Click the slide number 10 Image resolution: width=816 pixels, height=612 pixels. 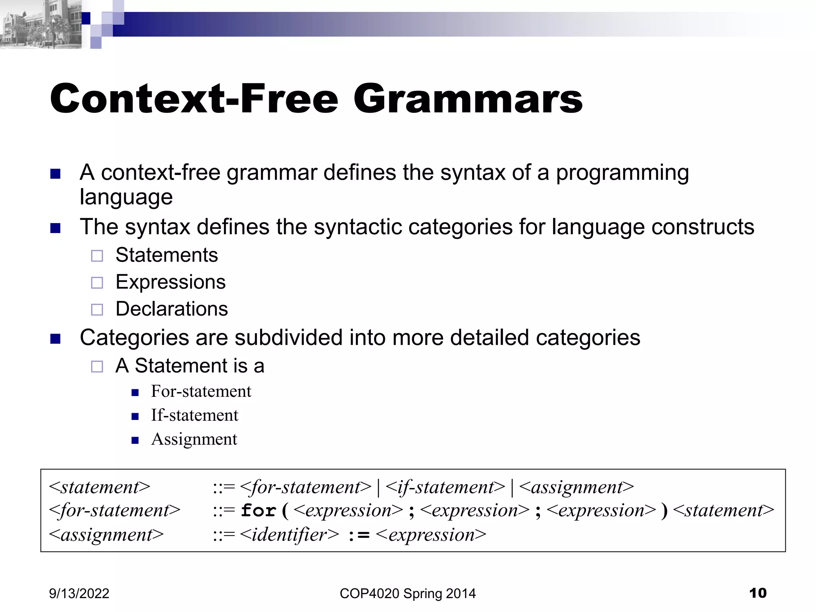(x=757, y=593)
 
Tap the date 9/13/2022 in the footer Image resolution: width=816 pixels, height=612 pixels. (x=79, y=593)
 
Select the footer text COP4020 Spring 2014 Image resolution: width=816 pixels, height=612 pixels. (x=408, y=593)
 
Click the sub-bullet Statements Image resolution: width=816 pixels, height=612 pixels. (x=167, y=255)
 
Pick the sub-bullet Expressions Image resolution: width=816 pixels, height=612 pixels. (x=171, y=282)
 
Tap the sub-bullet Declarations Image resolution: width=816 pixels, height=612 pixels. (x=172, y=309)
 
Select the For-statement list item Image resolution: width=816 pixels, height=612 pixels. (x=201, y=391)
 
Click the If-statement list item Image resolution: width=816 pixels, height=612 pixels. (x=194, y=415)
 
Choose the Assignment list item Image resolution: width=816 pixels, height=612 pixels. (x=194, y=439)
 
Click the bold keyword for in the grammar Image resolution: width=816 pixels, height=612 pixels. (x=259, y=510)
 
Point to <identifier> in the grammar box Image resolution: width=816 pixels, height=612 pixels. (x=290, y=535)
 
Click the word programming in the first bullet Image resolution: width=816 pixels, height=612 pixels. (x=622, y=173)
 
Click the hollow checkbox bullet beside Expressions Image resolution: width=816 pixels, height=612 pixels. (x=97, y=283)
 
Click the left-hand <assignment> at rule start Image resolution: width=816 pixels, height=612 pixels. (x=106, y=535)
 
